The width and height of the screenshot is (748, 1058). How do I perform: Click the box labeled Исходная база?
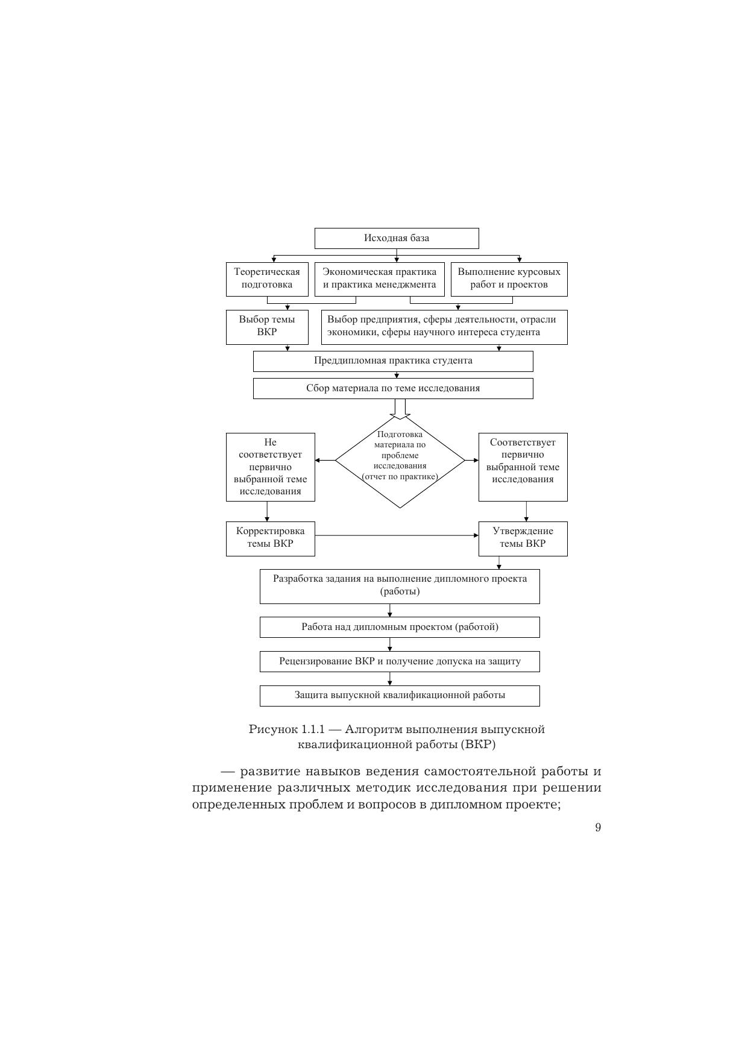pyautogui.click(x=397, y=238)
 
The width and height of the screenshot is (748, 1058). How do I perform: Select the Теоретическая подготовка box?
pyautogui.click(x=267, y=279)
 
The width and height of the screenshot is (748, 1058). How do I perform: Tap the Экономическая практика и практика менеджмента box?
pyautogui.click(x=380, y=279)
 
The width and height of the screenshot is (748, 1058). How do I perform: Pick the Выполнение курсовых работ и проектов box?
pyautogui.click(x=509, y=279)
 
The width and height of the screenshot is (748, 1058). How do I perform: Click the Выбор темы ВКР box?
pyautogui.click(x=267, y=327)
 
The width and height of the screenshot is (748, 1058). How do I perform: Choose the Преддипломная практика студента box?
pyautogui.click(x=393, y=361)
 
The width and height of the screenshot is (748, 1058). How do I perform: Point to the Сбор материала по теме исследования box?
pyautogui.click(x=393, y=388)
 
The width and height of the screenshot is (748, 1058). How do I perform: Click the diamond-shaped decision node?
pyautogui.click(x=400, y=461)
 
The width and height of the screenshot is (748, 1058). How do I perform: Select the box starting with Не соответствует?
pyautogui.click(x=271, y=467)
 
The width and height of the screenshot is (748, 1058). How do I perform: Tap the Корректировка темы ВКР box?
pyautogui.click(x=271, y=538)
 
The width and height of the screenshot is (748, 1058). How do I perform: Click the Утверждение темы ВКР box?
pyautogui.click(x=523, y=538)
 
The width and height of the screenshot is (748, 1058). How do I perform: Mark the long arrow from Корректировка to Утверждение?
pyautogui.click(x=397, y=535)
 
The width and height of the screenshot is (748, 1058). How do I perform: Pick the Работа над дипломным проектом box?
pyautogui.click(x=400, y=627)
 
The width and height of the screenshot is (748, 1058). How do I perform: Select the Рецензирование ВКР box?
pyautogui.click(x=400, y=661)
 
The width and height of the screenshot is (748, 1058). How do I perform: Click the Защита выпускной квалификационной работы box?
pyautogui.click(x=400, y=696)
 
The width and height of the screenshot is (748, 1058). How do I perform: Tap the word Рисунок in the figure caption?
pyautogui.click(x=273, y=729)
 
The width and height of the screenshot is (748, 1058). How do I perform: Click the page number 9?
pyautogui.click(x=598, y=827)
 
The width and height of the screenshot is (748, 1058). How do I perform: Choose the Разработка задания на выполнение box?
pyautogui.click(x=400, y=586)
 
